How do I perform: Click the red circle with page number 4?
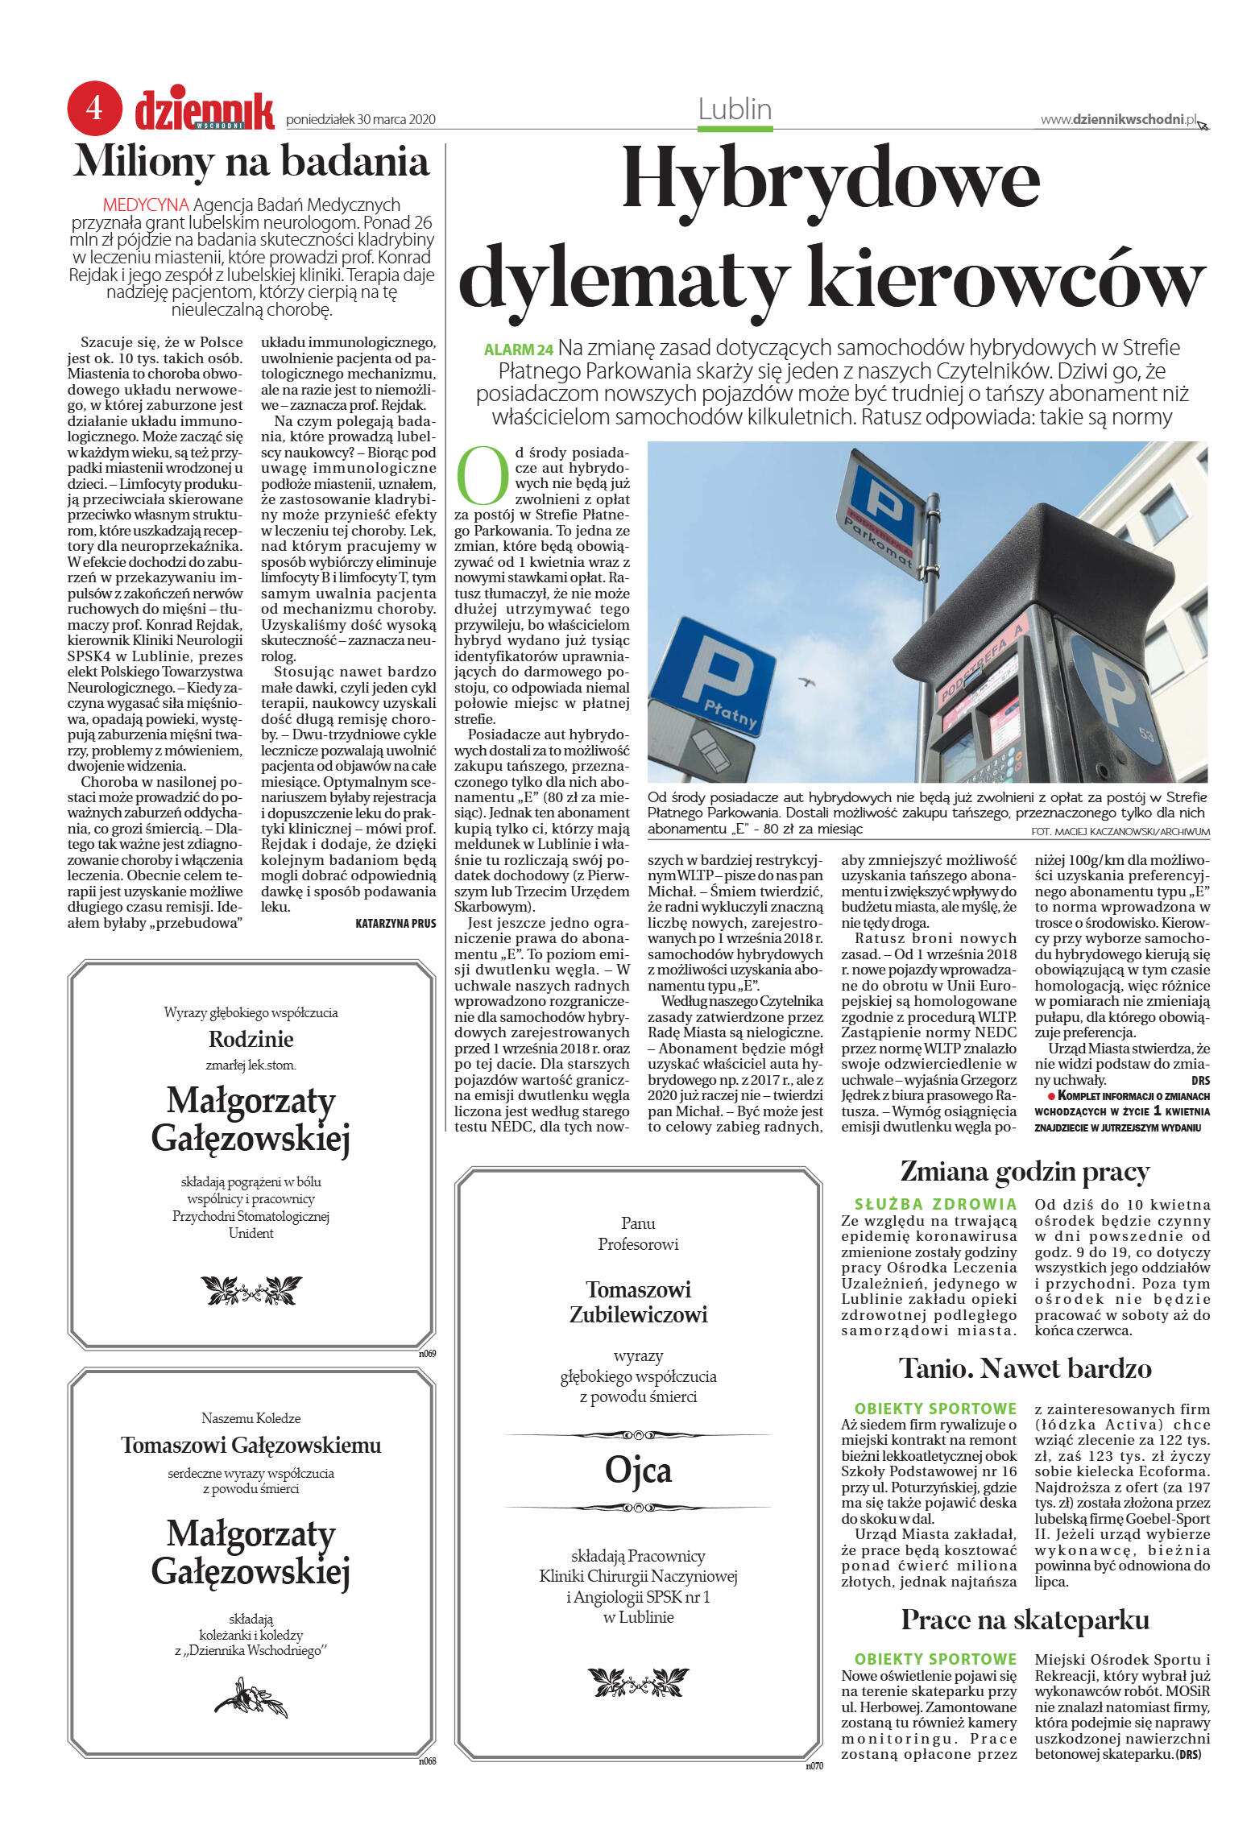(94, 107)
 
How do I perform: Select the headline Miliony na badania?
(251, 161)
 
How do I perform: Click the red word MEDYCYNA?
(146, 205)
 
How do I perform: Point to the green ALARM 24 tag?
(519, 350)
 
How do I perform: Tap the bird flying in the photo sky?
(806, 681)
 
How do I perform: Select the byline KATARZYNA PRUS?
(396, 924)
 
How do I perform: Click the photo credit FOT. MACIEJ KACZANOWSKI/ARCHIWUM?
(1120, 831)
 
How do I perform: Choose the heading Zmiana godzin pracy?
(1025, 1172)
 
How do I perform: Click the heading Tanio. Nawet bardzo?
(1025, 1368)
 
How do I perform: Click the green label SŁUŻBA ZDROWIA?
(935, 1205)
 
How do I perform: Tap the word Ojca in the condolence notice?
(638, 1470)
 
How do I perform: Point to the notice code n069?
(427, 1354)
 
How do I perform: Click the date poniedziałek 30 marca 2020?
(361, 119)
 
